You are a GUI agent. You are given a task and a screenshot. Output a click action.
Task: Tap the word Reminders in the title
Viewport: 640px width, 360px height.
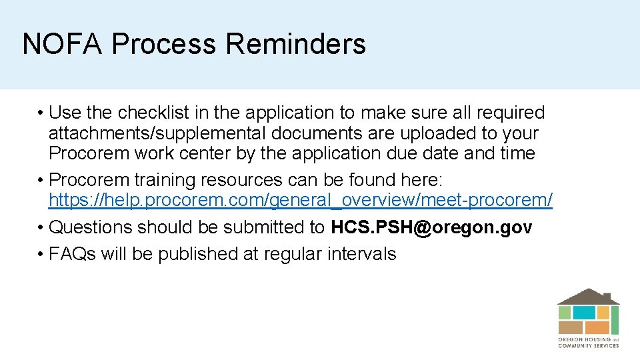[295, 45]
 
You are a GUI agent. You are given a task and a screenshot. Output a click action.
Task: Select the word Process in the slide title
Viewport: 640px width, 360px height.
[165, 45]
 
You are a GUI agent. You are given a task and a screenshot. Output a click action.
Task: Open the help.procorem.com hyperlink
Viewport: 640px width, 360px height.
[301, 200]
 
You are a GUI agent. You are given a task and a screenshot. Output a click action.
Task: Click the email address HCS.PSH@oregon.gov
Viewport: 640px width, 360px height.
[431, 227]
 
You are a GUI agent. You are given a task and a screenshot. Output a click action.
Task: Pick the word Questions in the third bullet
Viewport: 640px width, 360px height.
[91, 227]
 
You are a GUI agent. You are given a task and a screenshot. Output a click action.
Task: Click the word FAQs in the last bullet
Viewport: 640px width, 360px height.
[73, 254]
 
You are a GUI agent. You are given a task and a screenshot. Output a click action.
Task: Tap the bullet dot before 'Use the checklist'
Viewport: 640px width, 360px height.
[41, 113]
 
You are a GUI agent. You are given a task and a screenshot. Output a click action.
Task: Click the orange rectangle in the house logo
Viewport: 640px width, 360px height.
[597, 327]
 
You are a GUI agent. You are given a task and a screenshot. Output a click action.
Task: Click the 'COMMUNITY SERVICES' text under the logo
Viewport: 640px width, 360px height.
[588, 345]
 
